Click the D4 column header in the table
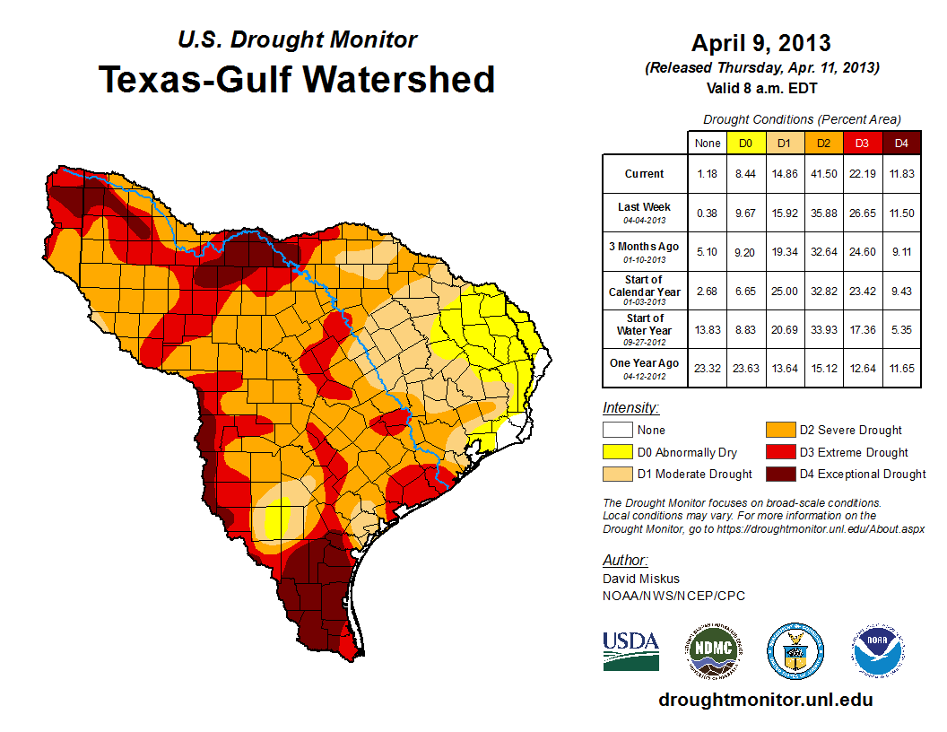tap(901, 143)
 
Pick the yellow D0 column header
tap(745, 143)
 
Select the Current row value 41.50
tap(822, 174)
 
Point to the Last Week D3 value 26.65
tap(862, 213)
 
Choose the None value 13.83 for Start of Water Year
tap(707, 330)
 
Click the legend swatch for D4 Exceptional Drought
tap(779, 474)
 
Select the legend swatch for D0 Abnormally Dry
tap(616, 452)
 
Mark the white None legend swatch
tap(616, 431)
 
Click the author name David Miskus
tap(640, 579)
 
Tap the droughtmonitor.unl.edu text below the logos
tap(765, 700)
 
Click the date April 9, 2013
tap(760, 43)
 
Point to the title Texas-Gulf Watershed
tap(296, 79)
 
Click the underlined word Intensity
tap(630, 408)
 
